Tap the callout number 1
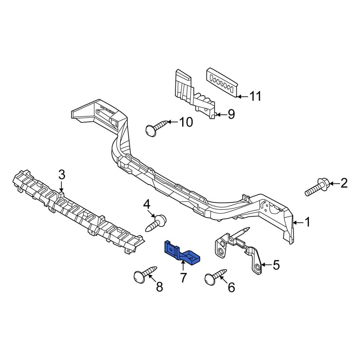[x=307, y=222]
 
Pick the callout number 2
[x=344, y=184]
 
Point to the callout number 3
[x=62, y=175]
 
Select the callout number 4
[x=147, y=205]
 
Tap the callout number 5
[x=276, y=265]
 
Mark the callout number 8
[x=159, y=287]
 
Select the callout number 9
[x=230, y=114]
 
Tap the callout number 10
[x=185, y=122]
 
